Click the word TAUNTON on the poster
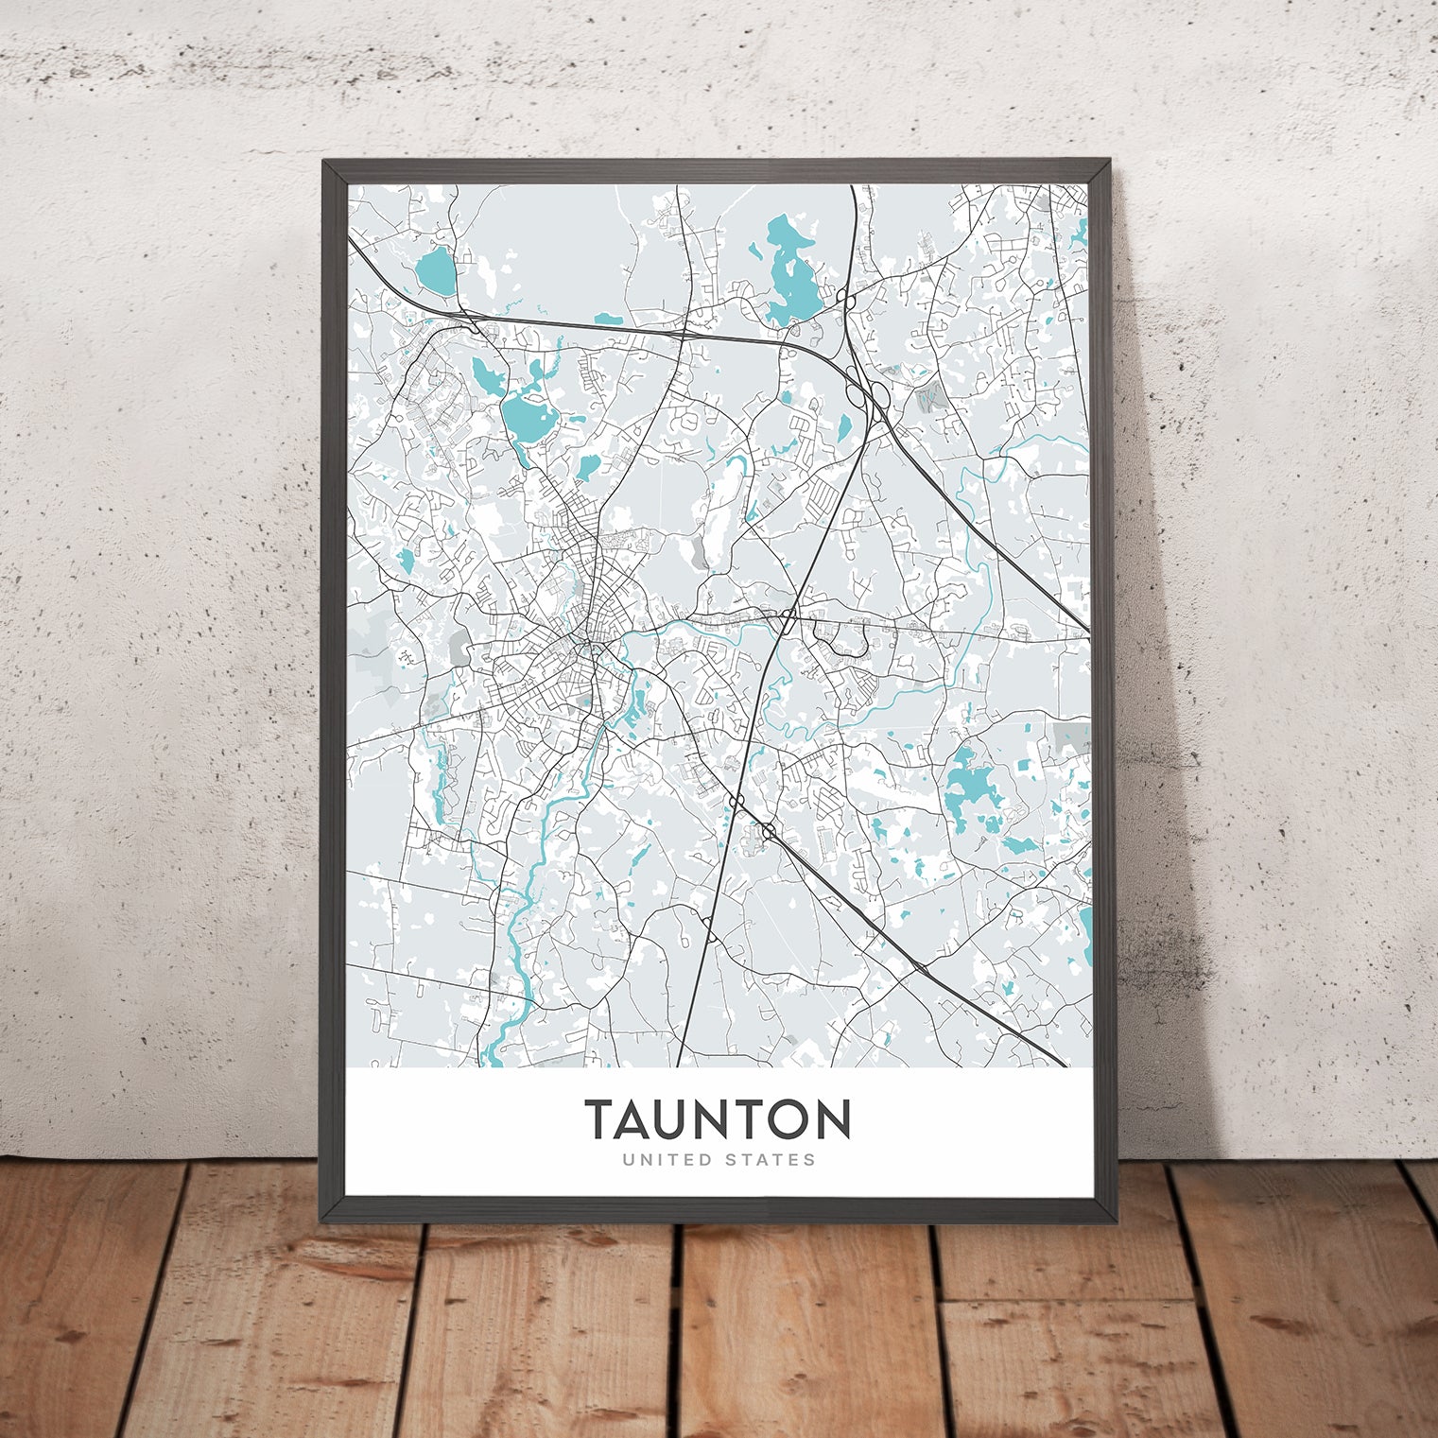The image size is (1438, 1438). [x=718, y=1119]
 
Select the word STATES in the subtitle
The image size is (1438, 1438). [x=770, y=1159]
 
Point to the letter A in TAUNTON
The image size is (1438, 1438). [x=643, y=1119]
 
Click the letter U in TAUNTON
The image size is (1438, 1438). [x=685, y=1119]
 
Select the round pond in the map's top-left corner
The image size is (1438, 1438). [x=436, y=271]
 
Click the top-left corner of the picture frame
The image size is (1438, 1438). [x=326, y=164]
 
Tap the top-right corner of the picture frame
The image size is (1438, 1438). [x=1112, y=164]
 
